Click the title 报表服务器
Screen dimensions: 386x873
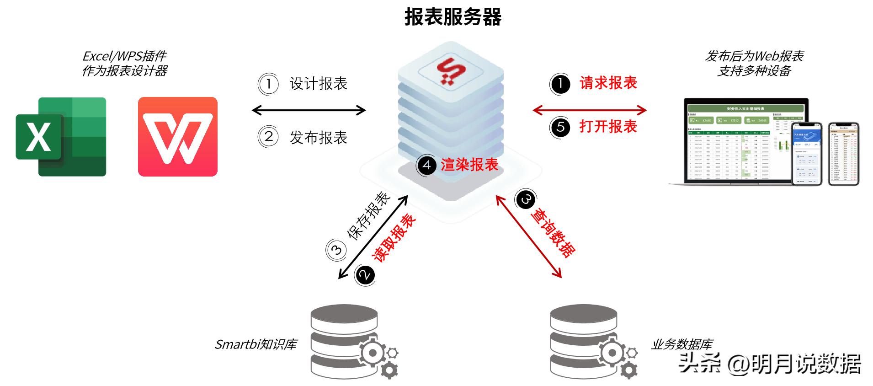pos(452,17)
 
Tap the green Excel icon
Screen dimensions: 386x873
pos(61,136)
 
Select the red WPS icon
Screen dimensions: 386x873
pos(177,136)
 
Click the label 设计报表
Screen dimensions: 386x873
pos(319,84)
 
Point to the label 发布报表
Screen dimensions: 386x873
pos(319,137)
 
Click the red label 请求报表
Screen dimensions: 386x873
pos(608,83)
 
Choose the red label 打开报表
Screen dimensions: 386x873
pos(608,126)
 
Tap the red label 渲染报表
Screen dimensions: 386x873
pos(469,165)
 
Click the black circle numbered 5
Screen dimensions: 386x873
pos(560,127)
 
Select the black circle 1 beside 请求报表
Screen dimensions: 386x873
pos(560,84)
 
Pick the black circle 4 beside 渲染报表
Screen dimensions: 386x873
pos(426,165)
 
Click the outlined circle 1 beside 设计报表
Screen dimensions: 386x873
pos(269,84)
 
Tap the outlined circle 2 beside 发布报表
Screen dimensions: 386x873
pos(269,137)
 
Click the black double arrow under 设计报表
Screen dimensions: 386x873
pos(309,110)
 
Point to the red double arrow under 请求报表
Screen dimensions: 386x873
pos(590,110)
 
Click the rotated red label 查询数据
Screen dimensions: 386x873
pos(553,233)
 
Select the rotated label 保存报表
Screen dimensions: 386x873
pos(369,215)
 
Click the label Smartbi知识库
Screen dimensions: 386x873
pos(256,344)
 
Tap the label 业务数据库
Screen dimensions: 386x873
pos(681,344)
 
